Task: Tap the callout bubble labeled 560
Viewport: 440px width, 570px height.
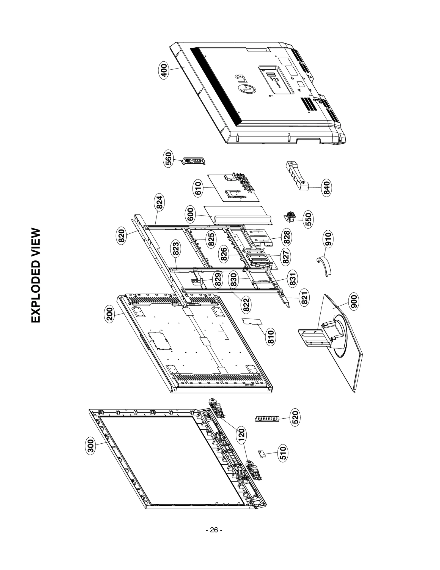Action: [x=168, y=158]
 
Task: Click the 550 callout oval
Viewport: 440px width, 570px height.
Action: [x=309, y=218]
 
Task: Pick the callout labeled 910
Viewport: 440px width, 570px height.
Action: [x=328, y=239]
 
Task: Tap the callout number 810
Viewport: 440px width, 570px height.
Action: [x=271, y=337]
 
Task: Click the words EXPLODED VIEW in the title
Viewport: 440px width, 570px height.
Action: [x=36, y=275]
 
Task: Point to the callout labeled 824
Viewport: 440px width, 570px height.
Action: [x=160, y=203]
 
